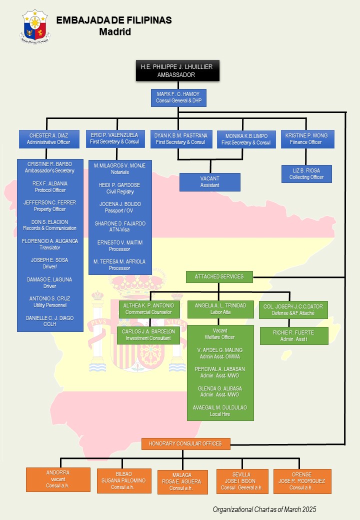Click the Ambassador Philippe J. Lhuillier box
coord(177,71)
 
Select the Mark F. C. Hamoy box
coord(178,97)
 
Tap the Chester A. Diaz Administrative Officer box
coord(48,139)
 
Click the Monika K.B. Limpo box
coord(246,139)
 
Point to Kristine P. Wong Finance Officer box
coord(306,139)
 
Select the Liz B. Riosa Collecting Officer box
coord(306,174)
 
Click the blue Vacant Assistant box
coord(209,182)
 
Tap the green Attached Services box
coord(219,276)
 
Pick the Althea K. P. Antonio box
coord(148,309)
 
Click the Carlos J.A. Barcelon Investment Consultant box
coord(148,335)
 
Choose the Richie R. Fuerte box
coord(294,336)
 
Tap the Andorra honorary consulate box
coord(58,479)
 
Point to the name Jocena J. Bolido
coord(120,204)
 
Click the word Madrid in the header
coord(114,32)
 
